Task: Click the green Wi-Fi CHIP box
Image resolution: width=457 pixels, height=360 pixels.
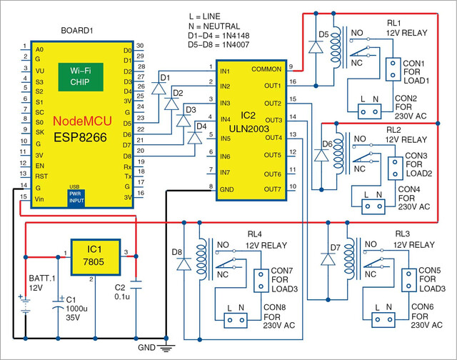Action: coord(81,77)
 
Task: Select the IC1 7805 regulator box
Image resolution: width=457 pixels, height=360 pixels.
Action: coord(96,257)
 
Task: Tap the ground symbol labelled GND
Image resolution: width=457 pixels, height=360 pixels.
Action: coord(166,348)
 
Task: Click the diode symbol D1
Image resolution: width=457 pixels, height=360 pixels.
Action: coord(159,88)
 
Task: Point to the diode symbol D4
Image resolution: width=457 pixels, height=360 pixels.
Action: coord(195,138)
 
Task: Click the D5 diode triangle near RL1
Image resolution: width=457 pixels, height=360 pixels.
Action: coord(316,47)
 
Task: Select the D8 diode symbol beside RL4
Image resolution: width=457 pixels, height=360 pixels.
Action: coord(184,264)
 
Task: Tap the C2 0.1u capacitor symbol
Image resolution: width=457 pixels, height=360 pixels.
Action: coord(136,285)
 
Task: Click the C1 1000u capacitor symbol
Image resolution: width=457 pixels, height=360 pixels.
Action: coord(58,303)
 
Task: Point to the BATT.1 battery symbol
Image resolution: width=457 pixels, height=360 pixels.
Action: coord(26,304)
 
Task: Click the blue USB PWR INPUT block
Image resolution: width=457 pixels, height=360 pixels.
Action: coord(76,198)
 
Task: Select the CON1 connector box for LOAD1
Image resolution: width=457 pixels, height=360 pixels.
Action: coord(393,69)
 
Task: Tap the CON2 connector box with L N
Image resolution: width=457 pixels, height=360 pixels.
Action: coord(369,111)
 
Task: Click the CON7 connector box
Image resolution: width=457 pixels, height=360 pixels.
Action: coord(261,281)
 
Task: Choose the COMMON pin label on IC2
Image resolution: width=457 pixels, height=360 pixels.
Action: coord(266,69)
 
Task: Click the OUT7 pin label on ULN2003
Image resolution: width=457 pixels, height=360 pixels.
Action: coord(273,189)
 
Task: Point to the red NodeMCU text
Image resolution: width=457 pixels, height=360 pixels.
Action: coord(83,121)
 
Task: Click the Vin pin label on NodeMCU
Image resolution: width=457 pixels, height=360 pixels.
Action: coord(39,199)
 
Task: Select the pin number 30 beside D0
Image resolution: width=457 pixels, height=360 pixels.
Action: coord(140,46)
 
